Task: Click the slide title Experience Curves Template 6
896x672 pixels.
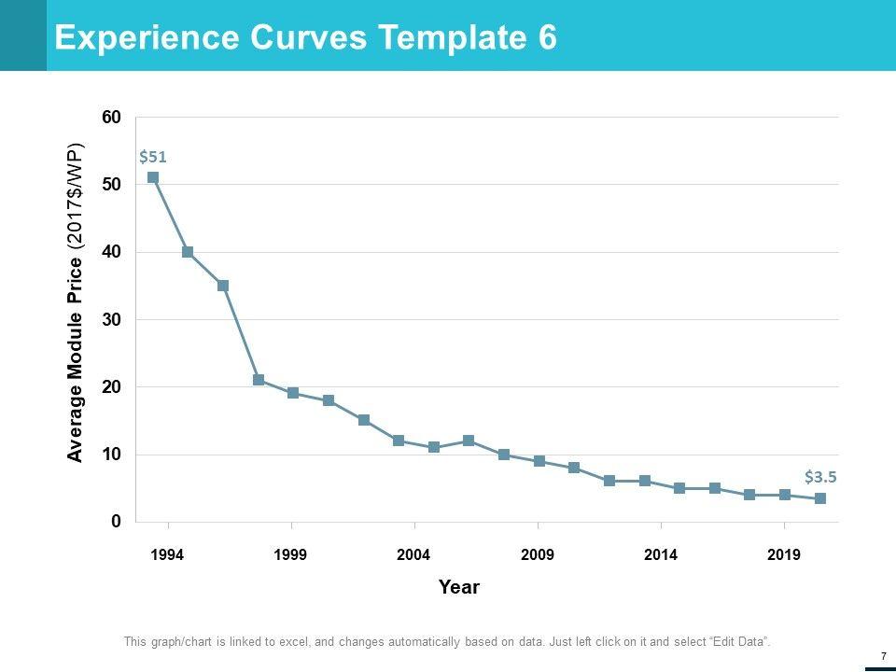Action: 306,37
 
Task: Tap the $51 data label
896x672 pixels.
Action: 152,157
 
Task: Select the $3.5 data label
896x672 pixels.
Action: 820,476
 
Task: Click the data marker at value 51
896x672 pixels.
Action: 153,177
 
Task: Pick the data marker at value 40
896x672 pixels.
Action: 188,252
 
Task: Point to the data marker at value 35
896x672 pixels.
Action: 223,286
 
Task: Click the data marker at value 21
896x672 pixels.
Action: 259,380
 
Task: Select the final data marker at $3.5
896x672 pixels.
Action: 820,498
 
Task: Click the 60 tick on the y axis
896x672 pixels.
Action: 111,118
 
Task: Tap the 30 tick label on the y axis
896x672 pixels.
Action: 111,319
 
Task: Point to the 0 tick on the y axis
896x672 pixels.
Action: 116,522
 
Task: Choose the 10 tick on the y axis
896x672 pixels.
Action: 111,455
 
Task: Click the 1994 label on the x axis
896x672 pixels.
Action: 167,555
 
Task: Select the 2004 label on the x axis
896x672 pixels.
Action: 413,555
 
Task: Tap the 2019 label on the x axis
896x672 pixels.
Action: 784,555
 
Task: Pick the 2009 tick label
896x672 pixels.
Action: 538,555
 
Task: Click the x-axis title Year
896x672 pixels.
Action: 459,587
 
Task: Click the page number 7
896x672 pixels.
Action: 882,656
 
